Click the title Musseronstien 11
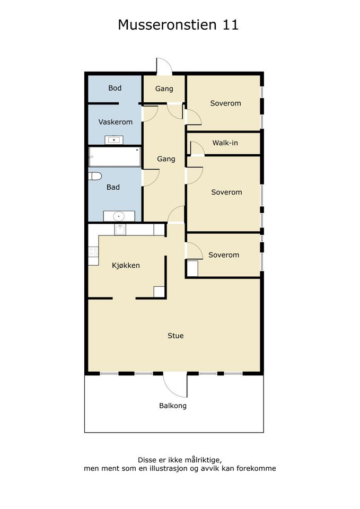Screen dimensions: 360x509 (178, 25)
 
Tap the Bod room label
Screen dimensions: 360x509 (115, 88)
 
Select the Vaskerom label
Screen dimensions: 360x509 (115, 122)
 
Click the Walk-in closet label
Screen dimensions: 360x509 (225, 143)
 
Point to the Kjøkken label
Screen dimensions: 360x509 (126, 266)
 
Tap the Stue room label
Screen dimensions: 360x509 (175, 336)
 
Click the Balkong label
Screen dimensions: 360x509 (173, 406)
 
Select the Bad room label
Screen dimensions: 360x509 (113, 187)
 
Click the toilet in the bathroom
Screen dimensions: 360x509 (95, 176)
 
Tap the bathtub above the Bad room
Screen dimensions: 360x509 (115, 157)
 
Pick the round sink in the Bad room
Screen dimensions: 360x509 (119, 216)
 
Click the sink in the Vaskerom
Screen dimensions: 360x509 (114, 140)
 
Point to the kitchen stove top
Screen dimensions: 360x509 (93, 251)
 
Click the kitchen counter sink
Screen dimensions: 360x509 (120, 229)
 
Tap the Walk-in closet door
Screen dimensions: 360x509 (197, 148)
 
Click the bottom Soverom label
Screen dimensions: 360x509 (224, 255)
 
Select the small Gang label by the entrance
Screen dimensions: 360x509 (164, 89)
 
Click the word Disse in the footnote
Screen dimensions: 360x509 (147, 460)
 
